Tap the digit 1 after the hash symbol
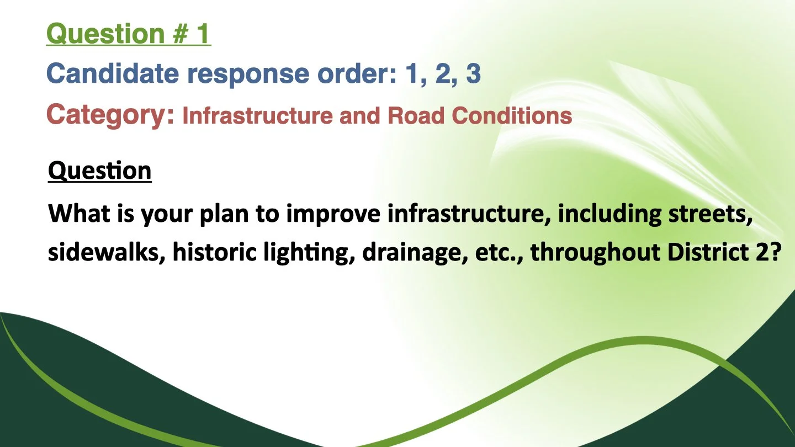tap(203, 34)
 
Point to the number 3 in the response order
tap(474, 73)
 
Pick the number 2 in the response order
tap(443, 73)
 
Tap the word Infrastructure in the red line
tap(258, 116)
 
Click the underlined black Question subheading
tap(100, 171)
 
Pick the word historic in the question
tap(214, 252)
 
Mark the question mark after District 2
tap(776, 252)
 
